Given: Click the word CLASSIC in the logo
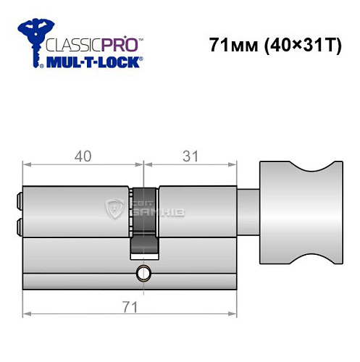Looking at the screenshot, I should coord(70,43).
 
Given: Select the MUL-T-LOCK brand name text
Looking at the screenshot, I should coord(93,62).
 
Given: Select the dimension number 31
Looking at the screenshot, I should coord(191,155).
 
